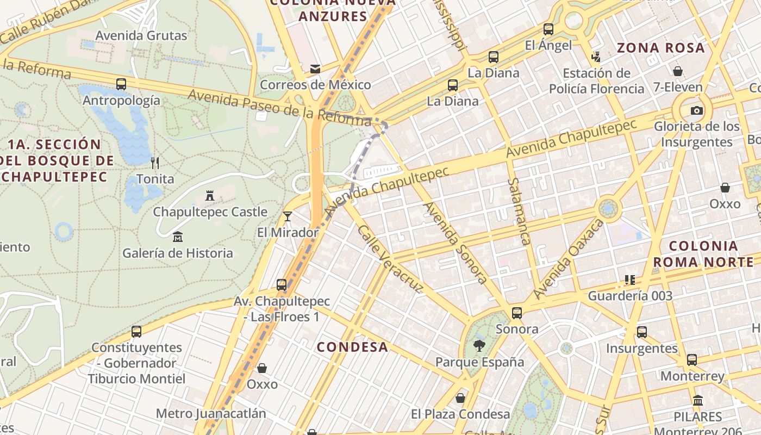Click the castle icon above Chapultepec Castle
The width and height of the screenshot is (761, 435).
(x=210, y=196)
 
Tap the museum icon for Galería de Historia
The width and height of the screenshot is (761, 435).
(x=178, y=237)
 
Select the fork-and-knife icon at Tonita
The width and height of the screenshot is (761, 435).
(x=155, y=163)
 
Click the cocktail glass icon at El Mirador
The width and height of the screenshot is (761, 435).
(x=288, y=216)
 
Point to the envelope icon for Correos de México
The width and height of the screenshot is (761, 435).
(x=315, y=69)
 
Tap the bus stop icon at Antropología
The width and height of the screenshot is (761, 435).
(x=121, y=84)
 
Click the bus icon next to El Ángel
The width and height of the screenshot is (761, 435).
(x=548, y=29)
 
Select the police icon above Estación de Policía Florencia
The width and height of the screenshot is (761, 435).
(x=596, y=57)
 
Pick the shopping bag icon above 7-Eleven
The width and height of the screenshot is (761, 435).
(x=678, y=71)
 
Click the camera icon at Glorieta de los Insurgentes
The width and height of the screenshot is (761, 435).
(x=696, y=111)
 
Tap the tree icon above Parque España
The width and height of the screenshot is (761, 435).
(x=479, y=345)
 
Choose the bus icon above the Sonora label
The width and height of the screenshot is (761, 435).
(x=517, y=313)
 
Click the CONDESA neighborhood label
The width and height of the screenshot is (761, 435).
(x=352, y=347)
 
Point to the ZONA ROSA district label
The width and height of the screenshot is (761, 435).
(x=660, y=48)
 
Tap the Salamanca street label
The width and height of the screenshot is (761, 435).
(x=519, y=212)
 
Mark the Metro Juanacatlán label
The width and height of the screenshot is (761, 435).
(x=211, y=413)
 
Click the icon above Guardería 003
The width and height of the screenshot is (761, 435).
(x=630, y=280)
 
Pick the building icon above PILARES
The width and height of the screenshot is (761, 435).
(x=698, y=401)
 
